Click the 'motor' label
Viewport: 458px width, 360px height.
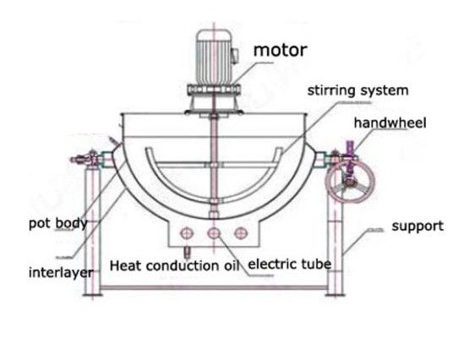(x=280, y=50)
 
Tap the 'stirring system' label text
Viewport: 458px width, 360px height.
(x=357, y=90)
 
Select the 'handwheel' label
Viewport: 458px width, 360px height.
(x=390, y=123)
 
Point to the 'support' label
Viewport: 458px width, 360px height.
(x=417, y=226)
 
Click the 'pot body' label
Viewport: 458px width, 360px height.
(x=58, y=224)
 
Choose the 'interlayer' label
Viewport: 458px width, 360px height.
(x=61, y=273)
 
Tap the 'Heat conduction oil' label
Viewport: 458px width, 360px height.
(x=175, y=265)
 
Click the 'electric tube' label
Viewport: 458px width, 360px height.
(x=290, y=264)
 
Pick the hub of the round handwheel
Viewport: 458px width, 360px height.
(x=349, y=183)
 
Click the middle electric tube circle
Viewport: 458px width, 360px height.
(x=214, y=233)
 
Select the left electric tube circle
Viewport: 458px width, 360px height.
(x=187, y=233)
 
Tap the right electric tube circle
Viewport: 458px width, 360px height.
(x=241, y=233)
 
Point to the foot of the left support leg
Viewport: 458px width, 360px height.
(x=93, y=295)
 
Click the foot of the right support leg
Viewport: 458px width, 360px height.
(x=335, y=295)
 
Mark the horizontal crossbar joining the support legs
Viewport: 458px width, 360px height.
(x=214, y=288)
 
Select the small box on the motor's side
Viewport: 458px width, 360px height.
(x=235, y=56)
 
